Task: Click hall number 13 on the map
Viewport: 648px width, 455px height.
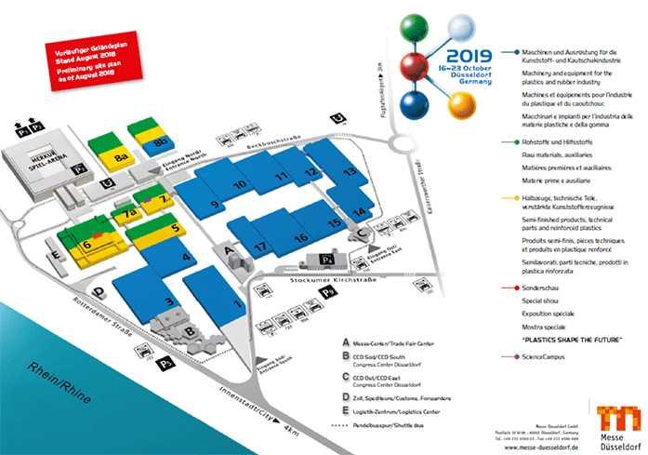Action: pyautogui.click(x=350, y=171)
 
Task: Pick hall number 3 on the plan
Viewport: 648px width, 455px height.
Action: pyautogui.click(x=168, y=301)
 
